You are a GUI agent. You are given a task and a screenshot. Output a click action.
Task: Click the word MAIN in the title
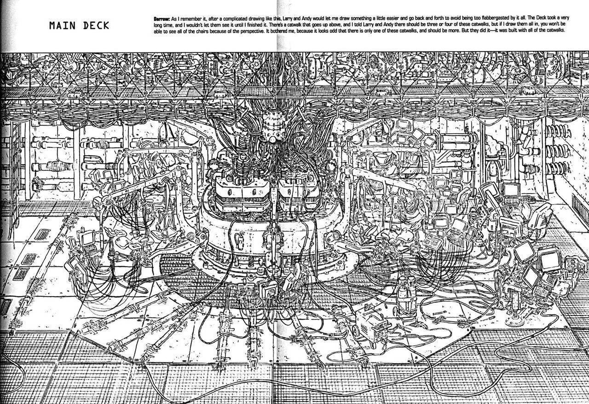pyautogui.click(x=62, y=25)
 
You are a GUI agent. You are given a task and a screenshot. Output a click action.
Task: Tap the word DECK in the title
pyautogui.click(x=96, y=25)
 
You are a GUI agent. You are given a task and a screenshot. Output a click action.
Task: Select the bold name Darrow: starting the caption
pyautogui.click(x=162, y=19)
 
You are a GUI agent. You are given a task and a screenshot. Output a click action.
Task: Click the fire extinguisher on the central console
pyautogui.click(x=240, y=241)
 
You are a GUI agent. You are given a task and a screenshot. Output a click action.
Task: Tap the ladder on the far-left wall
pyautogui.click(x=15, y=179)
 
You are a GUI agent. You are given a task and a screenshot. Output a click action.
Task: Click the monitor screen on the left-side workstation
pyautogui.click(x=87, y=238)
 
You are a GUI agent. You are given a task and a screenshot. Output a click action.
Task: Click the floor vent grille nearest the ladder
pyautogui.click(x=42, y=234)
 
